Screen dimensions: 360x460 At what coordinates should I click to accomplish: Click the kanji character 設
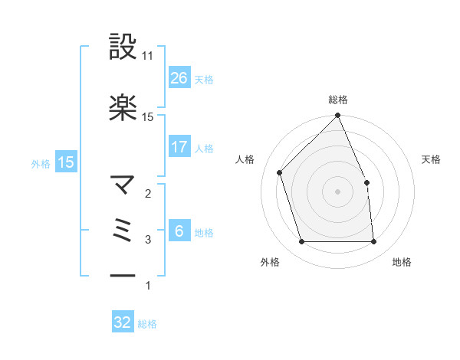123,47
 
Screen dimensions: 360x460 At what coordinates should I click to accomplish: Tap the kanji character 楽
123,108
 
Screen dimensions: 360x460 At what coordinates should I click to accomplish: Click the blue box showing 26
179,77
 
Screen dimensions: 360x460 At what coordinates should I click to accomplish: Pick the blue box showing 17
179,147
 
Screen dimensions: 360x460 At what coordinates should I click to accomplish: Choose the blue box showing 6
179,231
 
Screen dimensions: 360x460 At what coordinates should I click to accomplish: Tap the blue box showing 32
123,322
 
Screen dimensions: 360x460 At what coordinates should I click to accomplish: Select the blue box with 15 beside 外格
66,162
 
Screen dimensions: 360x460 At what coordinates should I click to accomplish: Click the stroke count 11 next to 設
148,56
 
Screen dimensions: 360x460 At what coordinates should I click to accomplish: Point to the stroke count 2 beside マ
148,194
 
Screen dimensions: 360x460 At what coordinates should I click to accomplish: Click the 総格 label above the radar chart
338,100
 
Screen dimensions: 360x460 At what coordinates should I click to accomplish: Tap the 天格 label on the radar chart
431,159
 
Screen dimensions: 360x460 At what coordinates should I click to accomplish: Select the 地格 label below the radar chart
402,263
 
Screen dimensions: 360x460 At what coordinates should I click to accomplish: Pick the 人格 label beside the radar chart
245,159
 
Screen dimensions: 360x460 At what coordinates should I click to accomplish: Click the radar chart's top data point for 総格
338,116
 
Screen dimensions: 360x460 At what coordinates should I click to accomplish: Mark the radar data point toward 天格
366,182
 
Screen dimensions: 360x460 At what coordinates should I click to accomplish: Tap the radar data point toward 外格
302,242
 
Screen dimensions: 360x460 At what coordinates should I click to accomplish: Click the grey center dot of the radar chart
338,191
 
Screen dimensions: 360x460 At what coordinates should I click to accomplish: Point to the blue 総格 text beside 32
147,324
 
